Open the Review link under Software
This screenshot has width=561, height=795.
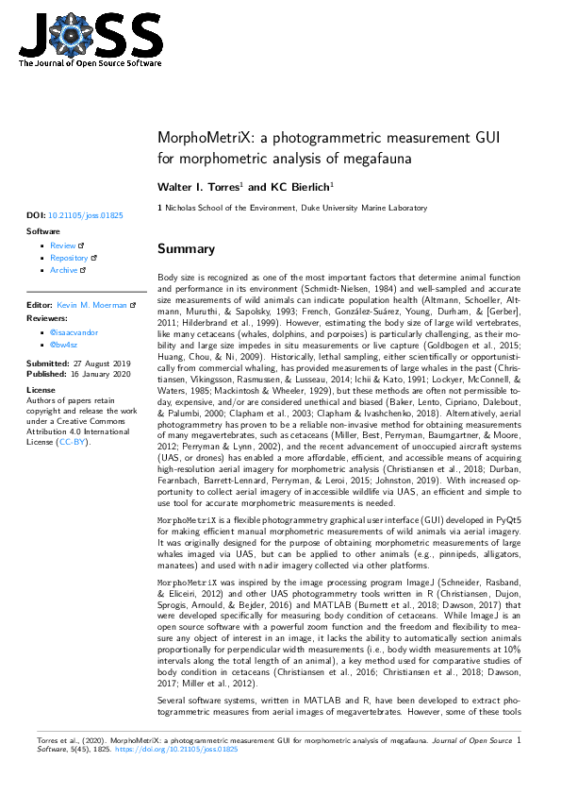click(x=62, y=245)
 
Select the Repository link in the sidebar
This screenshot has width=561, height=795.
click(x=69, y=258)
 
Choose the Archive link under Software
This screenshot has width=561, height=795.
click(x=64, y=270)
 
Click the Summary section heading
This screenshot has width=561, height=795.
click(x=186, y=249)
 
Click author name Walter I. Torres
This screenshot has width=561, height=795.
click(x=198, y=187)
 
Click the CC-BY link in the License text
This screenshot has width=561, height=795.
click(x=72, y=442)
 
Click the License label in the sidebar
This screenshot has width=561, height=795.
click(x=41, y=389)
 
